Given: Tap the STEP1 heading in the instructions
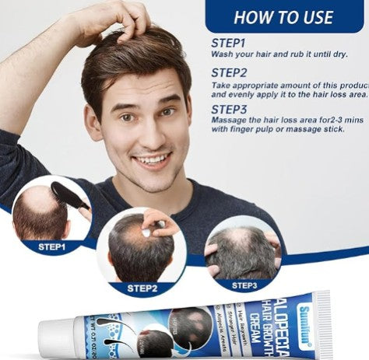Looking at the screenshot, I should point(230,44).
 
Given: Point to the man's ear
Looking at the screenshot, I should point(92,121).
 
